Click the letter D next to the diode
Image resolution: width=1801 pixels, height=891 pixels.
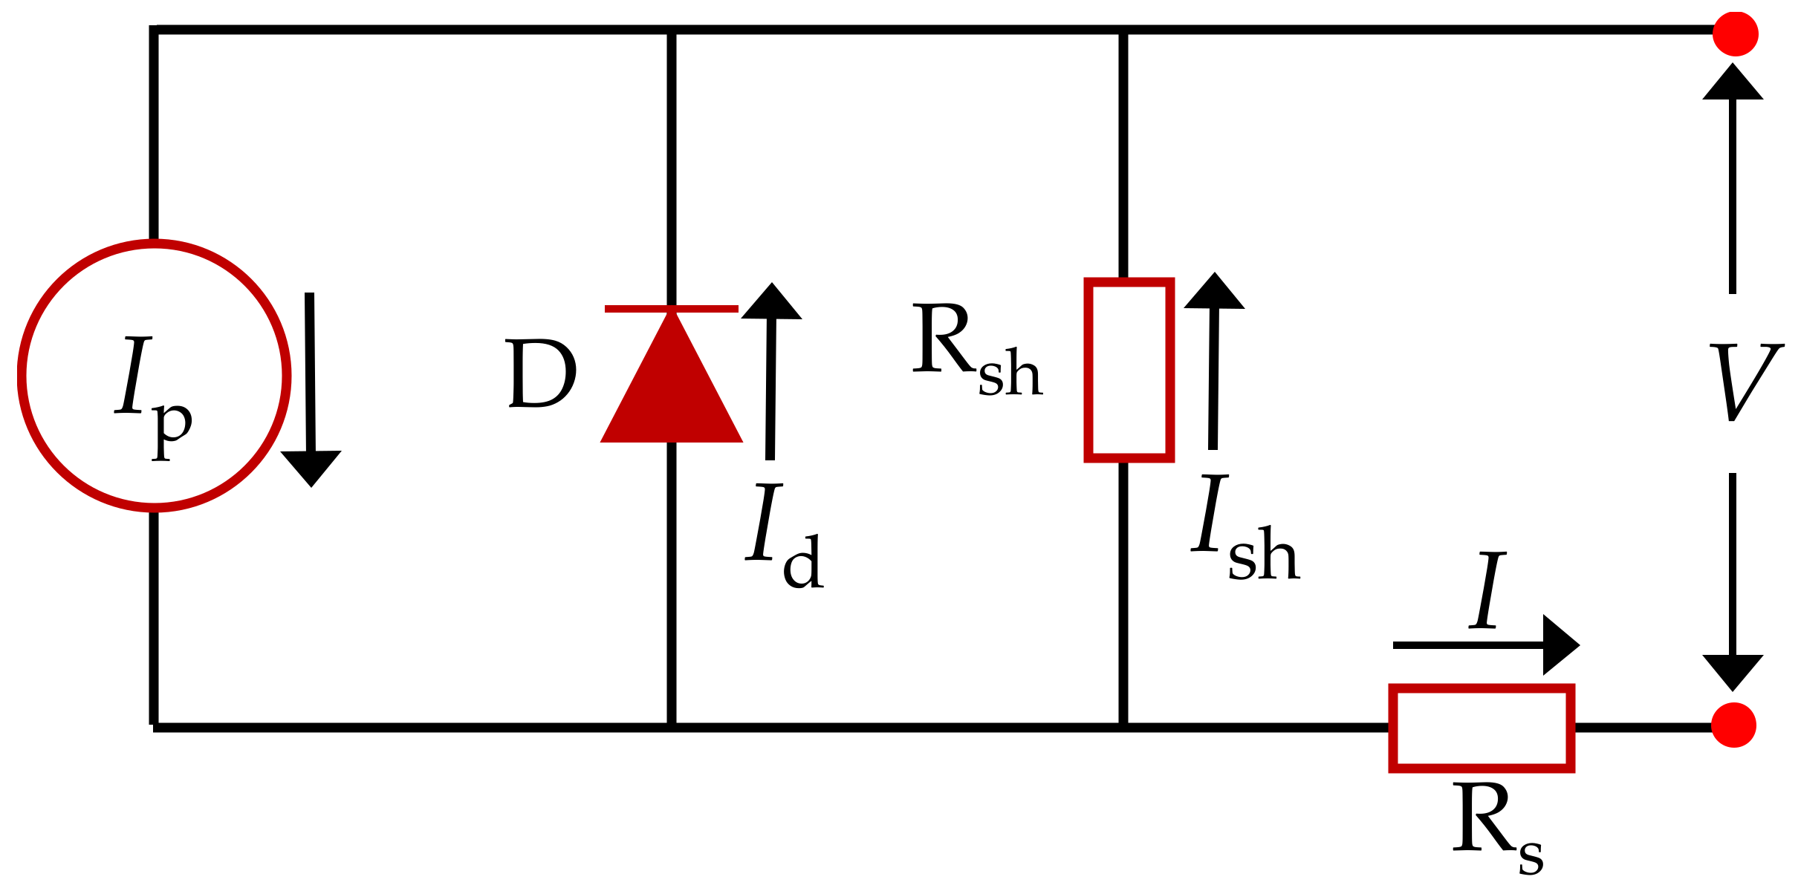pyautogui.click(x=541, y=373)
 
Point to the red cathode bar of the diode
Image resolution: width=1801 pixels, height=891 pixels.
pyautogui.click(x=672, y=308)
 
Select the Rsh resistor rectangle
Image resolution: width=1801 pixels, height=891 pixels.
pyautogui.click(x=1129, y=370)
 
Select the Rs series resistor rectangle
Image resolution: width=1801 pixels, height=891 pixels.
pyautogui.click(x=1482, y=728)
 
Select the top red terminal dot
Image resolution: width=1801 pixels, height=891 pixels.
pyautogui.click(x=1736, y=33)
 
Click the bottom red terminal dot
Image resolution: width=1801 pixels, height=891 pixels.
pyautogui.click(x=1734, y=725)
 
